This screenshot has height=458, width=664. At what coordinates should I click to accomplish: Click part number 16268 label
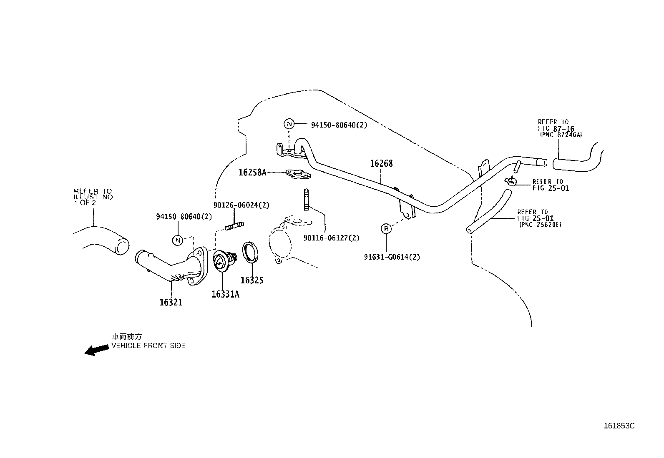(x=381, y=163)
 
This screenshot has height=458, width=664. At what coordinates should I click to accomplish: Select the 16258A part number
(x=253, y=172)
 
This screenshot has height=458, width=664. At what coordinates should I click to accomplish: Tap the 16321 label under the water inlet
(x=171, y=302)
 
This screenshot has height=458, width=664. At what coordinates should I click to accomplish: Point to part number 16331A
(x=225, y=294)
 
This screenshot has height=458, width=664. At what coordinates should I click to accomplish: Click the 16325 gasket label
(x=252, y=280)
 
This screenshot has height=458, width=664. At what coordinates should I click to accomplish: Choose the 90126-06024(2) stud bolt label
(x=241, y=205)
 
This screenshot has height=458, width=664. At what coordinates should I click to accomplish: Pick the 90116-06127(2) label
(x=332, y=238)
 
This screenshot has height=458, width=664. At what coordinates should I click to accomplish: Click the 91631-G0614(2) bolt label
(x=392, y=257)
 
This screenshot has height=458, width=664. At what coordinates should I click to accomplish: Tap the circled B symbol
(x=386, y=229)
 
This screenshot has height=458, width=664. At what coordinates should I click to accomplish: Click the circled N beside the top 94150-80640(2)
(x=289, y=124)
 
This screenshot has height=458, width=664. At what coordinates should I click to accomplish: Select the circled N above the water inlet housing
(x=178, y=240)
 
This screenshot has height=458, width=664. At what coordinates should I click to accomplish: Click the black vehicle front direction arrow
(x=97, y=350)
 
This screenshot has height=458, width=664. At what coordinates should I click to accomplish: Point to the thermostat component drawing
(x=225, y=261)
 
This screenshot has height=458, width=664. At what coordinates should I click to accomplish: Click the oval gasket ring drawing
(x=250, y=252)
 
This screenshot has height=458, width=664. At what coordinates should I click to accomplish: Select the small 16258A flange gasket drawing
(x=298, y=174)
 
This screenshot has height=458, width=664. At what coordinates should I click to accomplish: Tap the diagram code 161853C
(x=619, y=426)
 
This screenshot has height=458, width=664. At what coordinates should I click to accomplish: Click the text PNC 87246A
(x=561, y=135)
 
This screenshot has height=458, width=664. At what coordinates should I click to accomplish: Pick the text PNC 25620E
(x=541, y=225)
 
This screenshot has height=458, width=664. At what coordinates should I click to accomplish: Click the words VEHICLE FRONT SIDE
(x=148, y=346)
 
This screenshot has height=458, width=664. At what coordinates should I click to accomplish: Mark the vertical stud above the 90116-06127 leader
(x=307, y=200)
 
